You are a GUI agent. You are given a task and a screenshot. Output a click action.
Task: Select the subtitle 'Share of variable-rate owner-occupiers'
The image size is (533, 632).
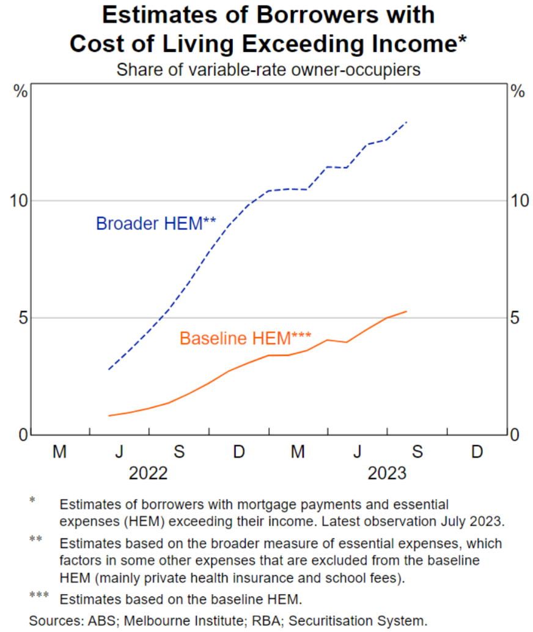[x=268, y=70]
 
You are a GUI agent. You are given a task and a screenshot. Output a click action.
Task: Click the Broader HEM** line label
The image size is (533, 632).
[x=156, y=223]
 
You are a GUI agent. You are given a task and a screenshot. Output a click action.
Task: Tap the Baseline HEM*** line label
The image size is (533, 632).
[x=245, y=338]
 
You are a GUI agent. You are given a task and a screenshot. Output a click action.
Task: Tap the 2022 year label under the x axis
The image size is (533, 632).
[x=148, y=474]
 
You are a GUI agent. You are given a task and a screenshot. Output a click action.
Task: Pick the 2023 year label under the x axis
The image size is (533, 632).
[x=387, y=474]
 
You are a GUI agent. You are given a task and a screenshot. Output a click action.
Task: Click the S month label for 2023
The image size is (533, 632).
[x=417, y=452]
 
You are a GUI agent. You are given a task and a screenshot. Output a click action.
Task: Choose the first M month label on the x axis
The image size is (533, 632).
[x=59, y=452]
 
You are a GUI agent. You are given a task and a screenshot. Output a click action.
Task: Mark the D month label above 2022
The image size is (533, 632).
[x=238, y=452]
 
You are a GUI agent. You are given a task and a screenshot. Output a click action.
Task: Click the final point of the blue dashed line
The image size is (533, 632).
[x=406, y=122]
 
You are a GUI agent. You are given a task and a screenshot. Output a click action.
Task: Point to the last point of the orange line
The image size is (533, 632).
[x=406, y=311]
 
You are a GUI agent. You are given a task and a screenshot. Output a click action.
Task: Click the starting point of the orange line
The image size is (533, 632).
[x=109, y=416]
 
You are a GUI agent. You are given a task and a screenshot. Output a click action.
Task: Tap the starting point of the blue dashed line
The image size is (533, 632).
[x=109, y=370]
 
